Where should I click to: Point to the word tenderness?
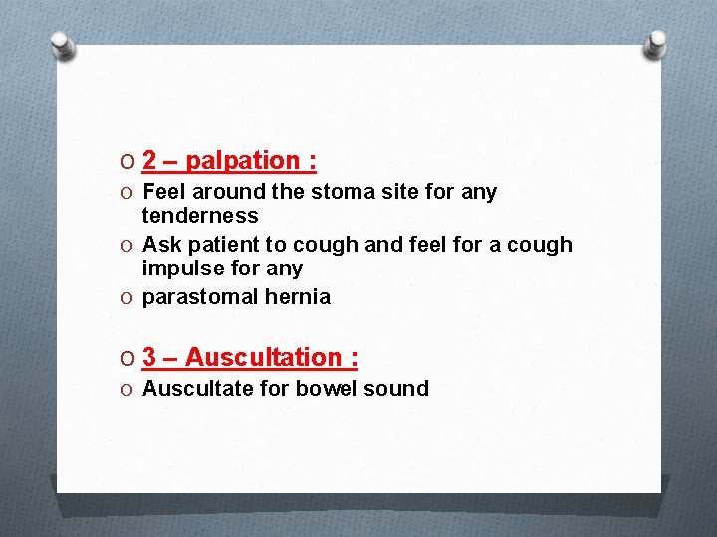tap(199, 216)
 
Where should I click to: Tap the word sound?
tap(396, 389)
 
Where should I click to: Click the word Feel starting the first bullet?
tap(164, 192)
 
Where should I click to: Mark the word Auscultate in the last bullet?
tap(198, 389)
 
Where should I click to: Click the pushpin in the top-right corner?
tap(656, 44)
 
